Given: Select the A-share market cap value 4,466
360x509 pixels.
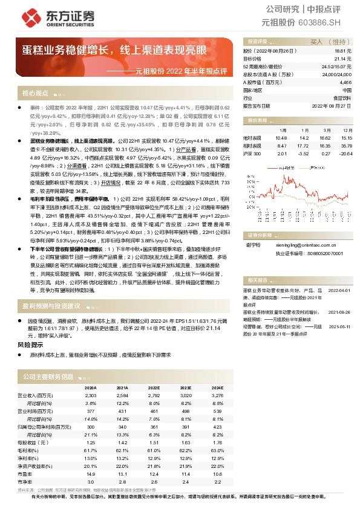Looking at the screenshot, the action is tap(344, 82).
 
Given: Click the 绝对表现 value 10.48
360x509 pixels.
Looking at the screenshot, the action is tap(280, 138).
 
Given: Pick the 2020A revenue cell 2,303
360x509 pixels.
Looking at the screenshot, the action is tap(90, 395).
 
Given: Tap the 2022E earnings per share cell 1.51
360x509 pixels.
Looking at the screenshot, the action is tap(154, 442).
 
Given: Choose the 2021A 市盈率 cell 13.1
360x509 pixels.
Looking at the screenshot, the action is tap(122, 473).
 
